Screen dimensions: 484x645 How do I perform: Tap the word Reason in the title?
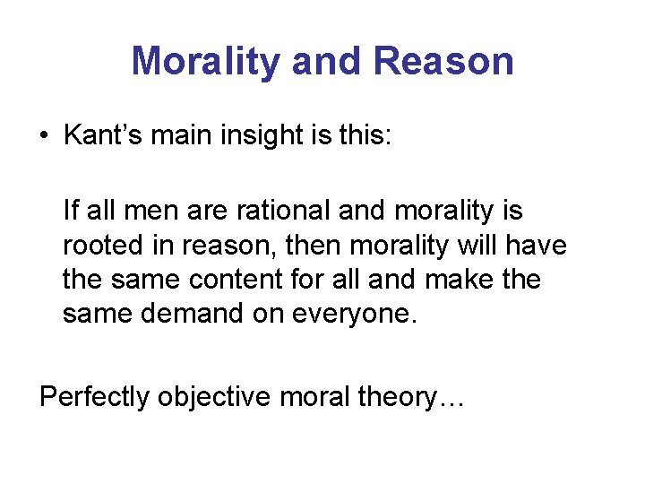tap(443, 61)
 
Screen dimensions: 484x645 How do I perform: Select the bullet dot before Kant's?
tap(44, 135)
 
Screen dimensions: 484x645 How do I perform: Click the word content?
tap(246, 280)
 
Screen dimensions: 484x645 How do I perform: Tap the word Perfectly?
tap(94, 396)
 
